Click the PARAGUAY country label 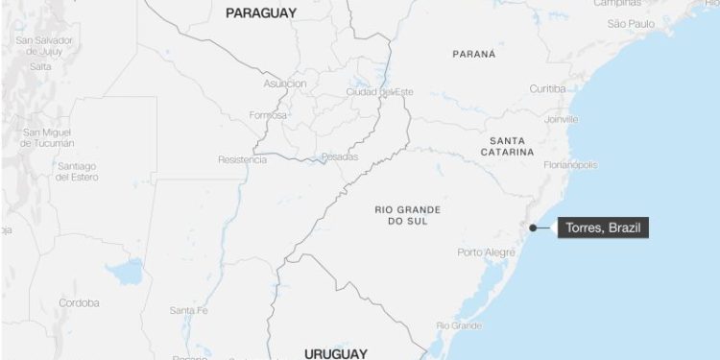[x=260, y=13]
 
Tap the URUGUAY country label [x=335, y=353]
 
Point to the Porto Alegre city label [x=486, y=252]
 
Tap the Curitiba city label [x=548, y=88]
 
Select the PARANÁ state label [x=474, y=54]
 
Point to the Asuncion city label [x=285, y=84]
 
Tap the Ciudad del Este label [x=378, y=92]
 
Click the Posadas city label [x=339, y=156]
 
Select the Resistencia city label [x=242, y=159]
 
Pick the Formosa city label [x=268, y=115]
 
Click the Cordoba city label [x=79, y=302]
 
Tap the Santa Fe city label [x=188, y=310]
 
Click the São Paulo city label [x=630, y=22]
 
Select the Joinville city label [x=562, y=119]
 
